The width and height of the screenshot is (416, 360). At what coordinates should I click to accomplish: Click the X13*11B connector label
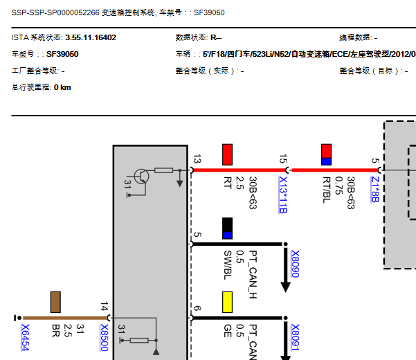(282, 195)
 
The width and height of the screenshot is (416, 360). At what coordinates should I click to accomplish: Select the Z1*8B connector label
(374, 189)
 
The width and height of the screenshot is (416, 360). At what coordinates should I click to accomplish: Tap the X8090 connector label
(295, 264)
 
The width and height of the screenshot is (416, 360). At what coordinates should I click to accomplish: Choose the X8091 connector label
(295, 337)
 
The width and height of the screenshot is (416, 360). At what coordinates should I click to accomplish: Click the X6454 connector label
(26, 337)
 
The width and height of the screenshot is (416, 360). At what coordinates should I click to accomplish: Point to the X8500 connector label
(105, 337)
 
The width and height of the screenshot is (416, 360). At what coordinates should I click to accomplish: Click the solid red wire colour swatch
(227, 154)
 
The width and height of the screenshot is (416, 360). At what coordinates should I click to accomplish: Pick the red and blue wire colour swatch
(327, 154)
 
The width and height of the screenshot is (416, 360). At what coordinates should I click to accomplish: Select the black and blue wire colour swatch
(227, 228)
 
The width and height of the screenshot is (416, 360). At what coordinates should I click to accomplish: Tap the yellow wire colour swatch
(227, 302)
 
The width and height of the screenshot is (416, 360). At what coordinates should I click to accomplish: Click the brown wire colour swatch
(56, 302)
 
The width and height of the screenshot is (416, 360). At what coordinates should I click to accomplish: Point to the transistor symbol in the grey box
(142, 176)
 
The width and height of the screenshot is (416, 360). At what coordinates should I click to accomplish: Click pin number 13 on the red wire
(197, 160)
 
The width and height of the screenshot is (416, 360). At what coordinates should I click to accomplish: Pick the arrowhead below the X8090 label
(285, 285)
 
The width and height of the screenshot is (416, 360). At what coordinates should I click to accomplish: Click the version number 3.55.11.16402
(91, 37)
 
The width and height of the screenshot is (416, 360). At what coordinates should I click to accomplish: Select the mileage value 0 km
(62, 87)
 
